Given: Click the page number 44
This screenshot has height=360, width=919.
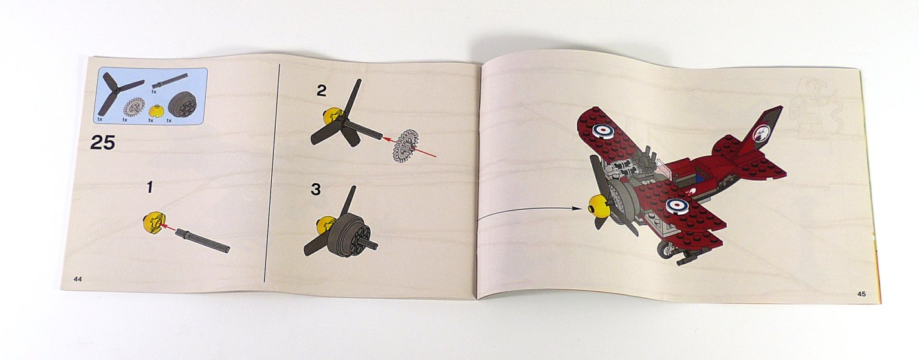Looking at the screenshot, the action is click(78, 279).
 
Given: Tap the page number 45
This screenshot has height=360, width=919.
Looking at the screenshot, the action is click(861, 293).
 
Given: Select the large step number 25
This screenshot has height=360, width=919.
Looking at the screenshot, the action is click(102, 143).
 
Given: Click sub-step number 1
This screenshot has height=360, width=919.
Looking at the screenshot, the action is click(149, 187).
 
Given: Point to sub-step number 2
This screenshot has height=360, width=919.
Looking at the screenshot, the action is click(321, 91).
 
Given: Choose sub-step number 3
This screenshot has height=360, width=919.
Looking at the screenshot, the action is click(315, 190).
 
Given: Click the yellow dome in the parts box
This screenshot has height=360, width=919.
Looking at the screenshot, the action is click(153, 111).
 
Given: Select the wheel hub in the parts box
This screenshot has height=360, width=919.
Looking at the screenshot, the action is click(181, 106).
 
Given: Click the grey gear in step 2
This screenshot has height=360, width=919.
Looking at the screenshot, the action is click(406, 145).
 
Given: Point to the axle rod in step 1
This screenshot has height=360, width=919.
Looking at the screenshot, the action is click(203, 241).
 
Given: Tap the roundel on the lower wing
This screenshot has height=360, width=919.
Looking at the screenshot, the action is click(675, 205).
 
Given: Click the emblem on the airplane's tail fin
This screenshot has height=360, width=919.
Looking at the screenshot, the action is click(762, 132).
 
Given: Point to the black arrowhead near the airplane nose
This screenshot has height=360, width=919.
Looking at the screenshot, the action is click(577, 208).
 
